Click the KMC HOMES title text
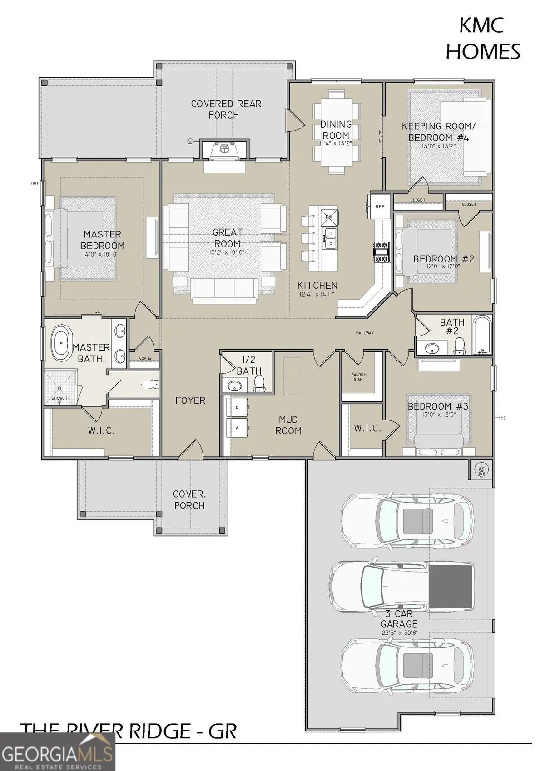point(482,39)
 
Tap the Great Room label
point(228,237)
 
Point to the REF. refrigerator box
point(380,207)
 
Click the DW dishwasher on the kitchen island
point(329,217)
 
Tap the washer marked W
point(237,427)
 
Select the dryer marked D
point(237,407)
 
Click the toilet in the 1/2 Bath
point(259,383)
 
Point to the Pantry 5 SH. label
point(358,377)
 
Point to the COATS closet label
point(145,358)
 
